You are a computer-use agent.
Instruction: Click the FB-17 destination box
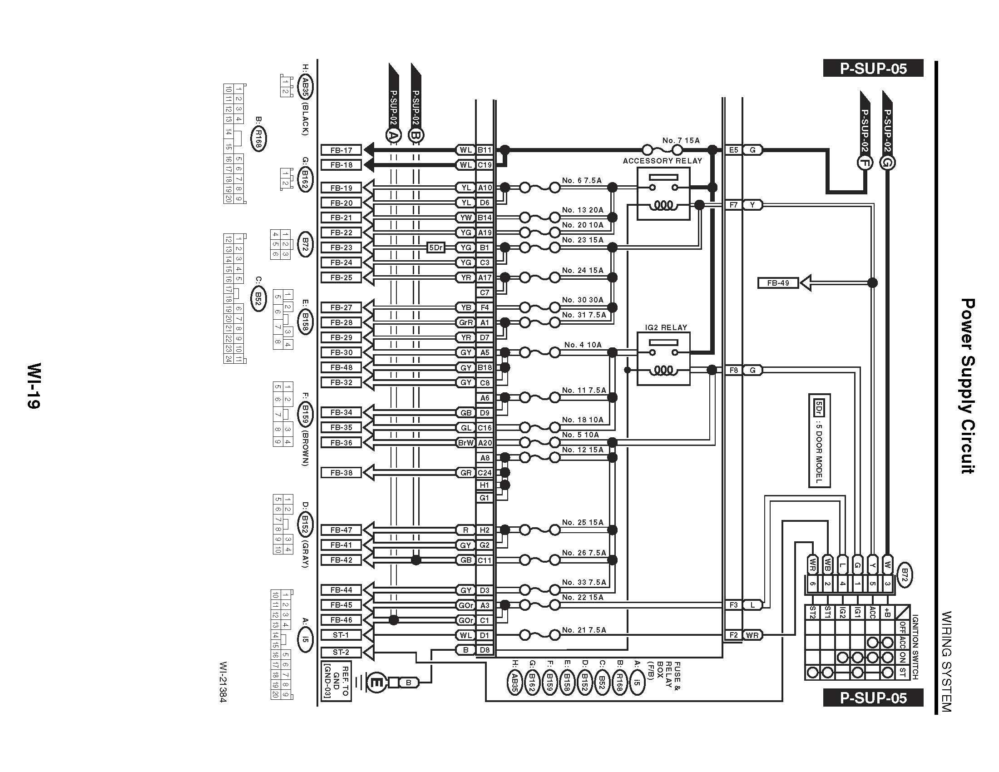(x=341, y=150)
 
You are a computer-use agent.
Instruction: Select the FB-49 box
(x=778, y=283)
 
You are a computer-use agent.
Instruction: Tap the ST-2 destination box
(x=341, y=652)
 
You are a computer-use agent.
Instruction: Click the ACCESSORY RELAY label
(x=663, y=161)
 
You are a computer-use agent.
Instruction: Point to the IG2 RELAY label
(x=666, y=327)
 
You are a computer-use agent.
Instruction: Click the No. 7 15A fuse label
(x=681, y=140)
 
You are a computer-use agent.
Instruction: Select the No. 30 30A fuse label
(x=583, y=300)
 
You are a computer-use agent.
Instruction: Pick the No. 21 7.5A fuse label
(x=584, y=630)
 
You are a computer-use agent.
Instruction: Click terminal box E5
(x=734, y=150)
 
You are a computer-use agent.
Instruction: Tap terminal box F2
(x=734, y=635)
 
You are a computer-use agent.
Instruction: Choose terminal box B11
(x=485, y=150)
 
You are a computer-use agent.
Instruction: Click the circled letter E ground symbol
(x=377, y=683)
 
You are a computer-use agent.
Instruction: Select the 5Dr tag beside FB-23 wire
(x=436, y=247)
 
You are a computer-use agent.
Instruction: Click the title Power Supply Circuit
(x=967, y=386)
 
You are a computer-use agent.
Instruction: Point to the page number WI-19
(x=34, y=386)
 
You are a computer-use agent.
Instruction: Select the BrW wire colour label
(x=465, y=443)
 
